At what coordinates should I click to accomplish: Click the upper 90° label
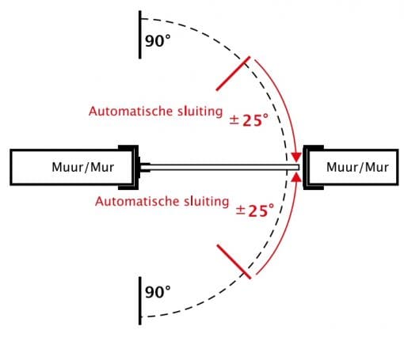158,41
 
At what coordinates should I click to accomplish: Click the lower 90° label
158,292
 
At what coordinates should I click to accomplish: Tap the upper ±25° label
249,120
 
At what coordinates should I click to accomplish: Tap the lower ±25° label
255,210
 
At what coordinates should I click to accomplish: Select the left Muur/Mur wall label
83,167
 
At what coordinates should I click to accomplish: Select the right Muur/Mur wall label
357,167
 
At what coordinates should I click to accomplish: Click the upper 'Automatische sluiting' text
156,112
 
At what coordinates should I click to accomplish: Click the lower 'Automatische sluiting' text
162,202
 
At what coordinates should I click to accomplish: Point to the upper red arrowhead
296,157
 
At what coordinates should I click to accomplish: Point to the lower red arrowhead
297,177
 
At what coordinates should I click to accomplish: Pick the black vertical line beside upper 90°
140,35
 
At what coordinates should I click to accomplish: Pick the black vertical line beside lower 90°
140,301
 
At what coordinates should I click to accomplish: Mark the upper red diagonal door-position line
233,74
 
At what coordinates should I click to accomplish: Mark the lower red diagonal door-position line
234,262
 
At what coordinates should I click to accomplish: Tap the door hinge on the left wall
143,167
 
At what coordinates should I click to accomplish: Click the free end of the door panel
299,167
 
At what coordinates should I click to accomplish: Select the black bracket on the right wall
305,167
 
